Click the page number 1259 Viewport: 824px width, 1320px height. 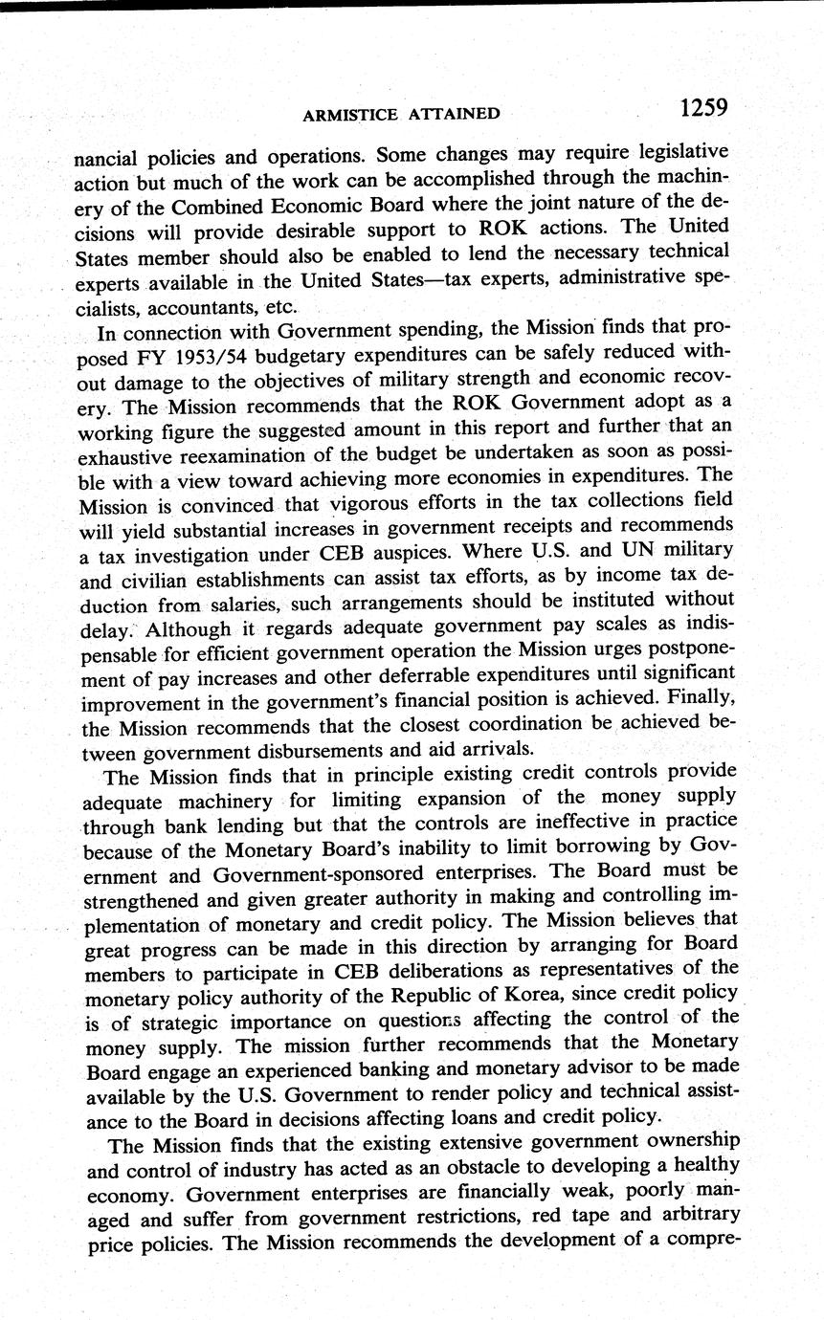point(704,108)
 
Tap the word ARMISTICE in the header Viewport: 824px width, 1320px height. point(349,115)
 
